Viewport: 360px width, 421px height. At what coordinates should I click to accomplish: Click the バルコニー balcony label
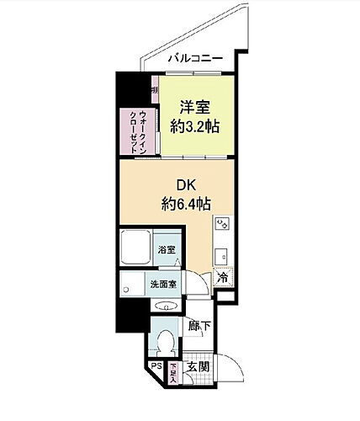pyautogui.click(x=194, y=57)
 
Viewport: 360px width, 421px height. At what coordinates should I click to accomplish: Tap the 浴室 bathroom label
pyautogui.click(x=167, y=250)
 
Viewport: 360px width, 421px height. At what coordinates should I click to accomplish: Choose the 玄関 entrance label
pyautogui.click(x=199, y=367)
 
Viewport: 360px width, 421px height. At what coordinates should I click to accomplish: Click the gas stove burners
pyautogui.click(x=224, y=224)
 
